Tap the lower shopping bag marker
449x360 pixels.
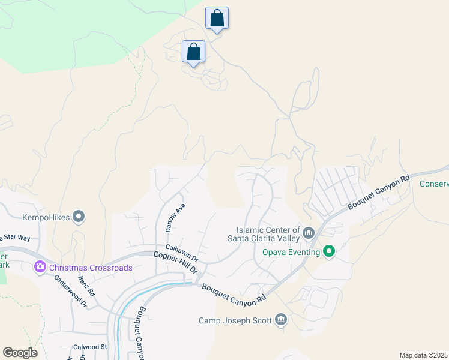(x=193, y=52)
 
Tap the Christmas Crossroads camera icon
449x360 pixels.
(x=40, y=267)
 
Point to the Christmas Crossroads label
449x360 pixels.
(x=91, y=268)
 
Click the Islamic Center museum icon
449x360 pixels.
(x=309, y=232)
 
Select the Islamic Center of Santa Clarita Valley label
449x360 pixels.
(x=268, y=234)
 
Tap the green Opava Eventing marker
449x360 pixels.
(x=329, y=251)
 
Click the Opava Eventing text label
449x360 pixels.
(x=291, y=252)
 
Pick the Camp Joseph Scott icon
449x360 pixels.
(x=280, y=320)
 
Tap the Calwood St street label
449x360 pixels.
(x=90, y=347)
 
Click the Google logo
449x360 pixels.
(x=20, y=353)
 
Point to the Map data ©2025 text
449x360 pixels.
(x=423, y=355)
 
